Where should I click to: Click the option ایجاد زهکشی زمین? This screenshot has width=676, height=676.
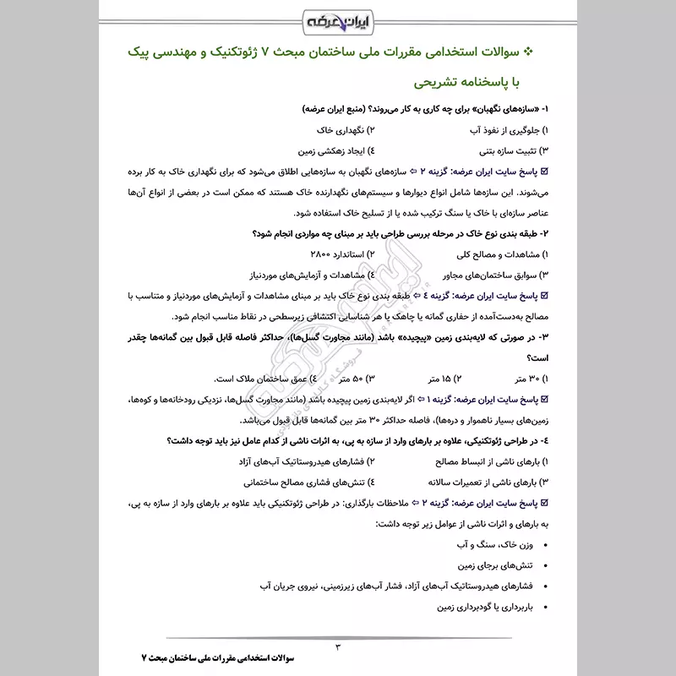(x=338, y=151)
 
